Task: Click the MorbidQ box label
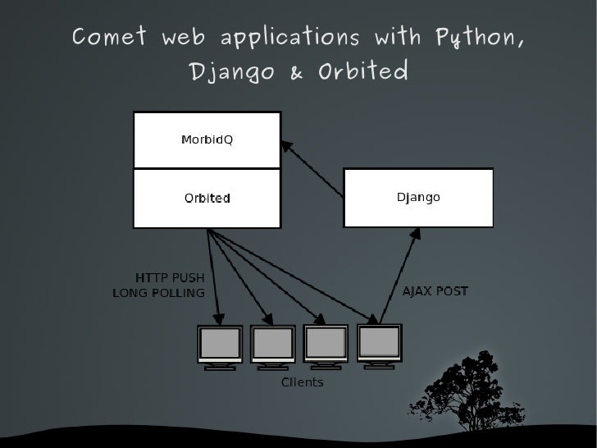[207, 139]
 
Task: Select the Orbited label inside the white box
[207, 199]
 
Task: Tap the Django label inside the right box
[418, 198]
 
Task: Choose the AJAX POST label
[435, 292]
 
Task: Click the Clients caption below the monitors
[303, 382]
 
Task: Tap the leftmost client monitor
[220, 345]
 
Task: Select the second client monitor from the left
[273, 345]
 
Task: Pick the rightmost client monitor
[380, 343]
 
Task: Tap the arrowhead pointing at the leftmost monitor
[219, 315]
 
